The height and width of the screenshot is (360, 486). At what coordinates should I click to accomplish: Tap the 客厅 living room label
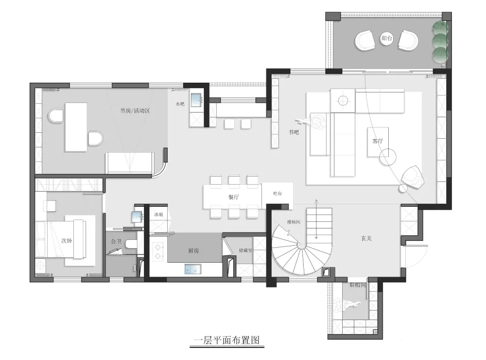[378, 141]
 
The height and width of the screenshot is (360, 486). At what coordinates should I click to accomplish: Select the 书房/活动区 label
[135, 111]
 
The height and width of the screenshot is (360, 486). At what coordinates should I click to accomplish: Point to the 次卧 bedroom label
[66, 240]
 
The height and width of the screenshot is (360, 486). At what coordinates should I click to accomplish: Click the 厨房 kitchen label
[193, 251]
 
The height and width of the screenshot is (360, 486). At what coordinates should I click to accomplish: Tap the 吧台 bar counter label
[278, 194]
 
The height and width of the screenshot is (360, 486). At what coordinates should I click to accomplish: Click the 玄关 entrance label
[366, 239]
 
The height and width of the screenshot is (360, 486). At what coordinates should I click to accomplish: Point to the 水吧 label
[179, 103]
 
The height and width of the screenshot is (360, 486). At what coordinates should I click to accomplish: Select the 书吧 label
[294, 132]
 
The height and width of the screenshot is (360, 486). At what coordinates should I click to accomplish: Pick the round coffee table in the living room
[388, 156]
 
